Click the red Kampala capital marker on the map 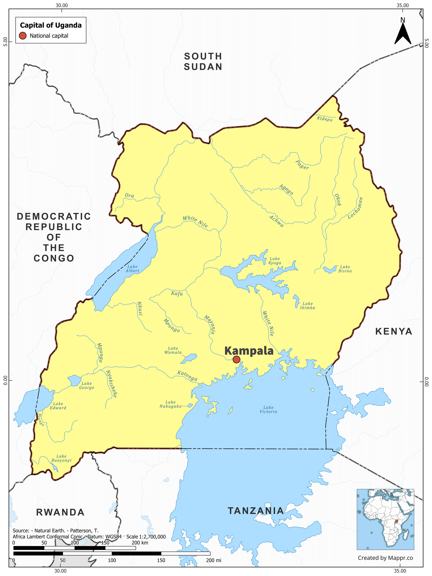click(236, 359)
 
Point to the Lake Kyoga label click(275, 261)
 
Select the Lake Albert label click(132, 268)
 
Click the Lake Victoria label click(268, 409)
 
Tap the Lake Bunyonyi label click(62, 458)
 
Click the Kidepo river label click(325, 119)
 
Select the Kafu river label click(177, 294)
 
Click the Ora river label click(130, 195)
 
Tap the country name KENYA click(394, 332)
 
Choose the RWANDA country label click(60, 512)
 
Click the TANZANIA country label click(256, 511)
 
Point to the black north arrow click(403, 34)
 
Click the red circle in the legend click(23, 36)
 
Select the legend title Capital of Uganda click(51, 25)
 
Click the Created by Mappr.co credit click(385, 558)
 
